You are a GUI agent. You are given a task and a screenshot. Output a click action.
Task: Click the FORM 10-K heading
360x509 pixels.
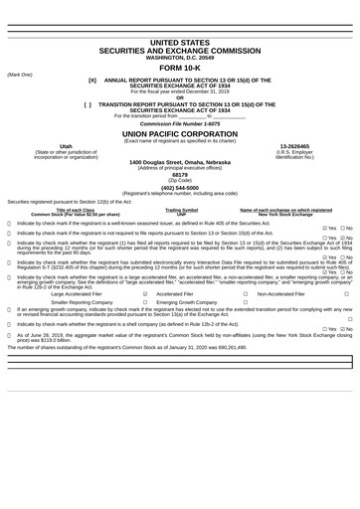179,68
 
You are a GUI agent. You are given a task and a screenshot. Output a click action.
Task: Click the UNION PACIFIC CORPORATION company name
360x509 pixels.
179,132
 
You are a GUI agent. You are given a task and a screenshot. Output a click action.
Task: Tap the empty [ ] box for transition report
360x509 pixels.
90,103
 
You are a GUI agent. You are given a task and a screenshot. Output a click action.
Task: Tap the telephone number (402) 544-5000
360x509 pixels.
179,187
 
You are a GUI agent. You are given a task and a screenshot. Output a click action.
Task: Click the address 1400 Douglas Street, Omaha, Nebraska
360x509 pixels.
179,161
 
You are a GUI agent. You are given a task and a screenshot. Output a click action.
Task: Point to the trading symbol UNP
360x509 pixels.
181,214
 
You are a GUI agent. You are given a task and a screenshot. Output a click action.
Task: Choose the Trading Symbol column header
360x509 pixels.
181,210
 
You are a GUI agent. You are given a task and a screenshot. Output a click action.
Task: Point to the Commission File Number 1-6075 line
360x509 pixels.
179,123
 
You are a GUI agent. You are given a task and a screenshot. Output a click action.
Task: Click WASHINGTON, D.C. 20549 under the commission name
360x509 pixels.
179,58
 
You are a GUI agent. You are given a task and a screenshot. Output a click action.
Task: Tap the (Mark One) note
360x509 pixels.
20,75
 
